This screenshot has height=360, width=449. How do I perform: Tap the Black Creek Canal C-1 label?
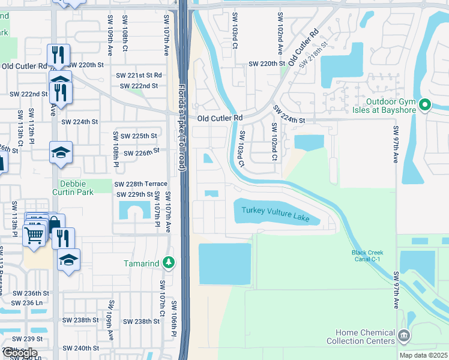367,256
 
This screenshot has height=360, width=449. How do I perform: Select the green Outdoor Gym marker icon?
425,105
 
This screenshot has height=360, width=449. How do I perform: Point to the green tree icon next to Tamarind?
169,263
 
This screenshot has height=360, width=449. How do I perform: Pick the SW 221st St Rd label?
139,76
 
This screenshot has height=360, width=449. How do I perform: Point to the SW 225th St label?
139,136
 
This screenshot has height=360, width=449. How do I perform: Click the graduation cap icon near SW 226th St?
61,152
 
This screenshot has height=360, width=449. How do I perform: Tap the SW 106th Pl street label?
172,330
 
